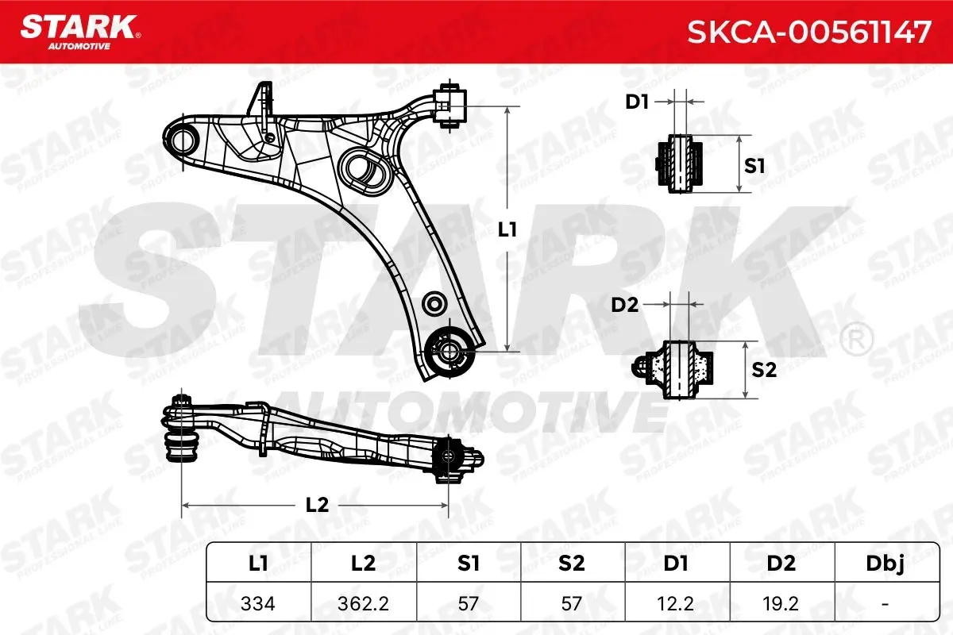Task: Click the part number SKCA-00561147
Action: [x=809, y=32]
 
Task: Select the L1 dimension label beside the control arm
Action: [x=507, y=229]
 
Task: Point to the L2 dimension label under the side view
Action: [x=318, y=505]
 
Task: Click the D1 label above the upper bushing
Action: [x=637, y=102]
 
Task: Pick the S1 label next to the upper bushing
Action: [x=754, y=166]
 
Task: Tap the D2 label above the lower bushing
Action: [x=625, y=305]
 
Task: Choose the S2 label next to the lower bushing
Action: [x=764, y=370]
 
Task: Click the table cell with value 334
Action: [x=258, y=603]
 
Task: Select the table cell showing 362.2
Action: [x=364, y=603]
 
